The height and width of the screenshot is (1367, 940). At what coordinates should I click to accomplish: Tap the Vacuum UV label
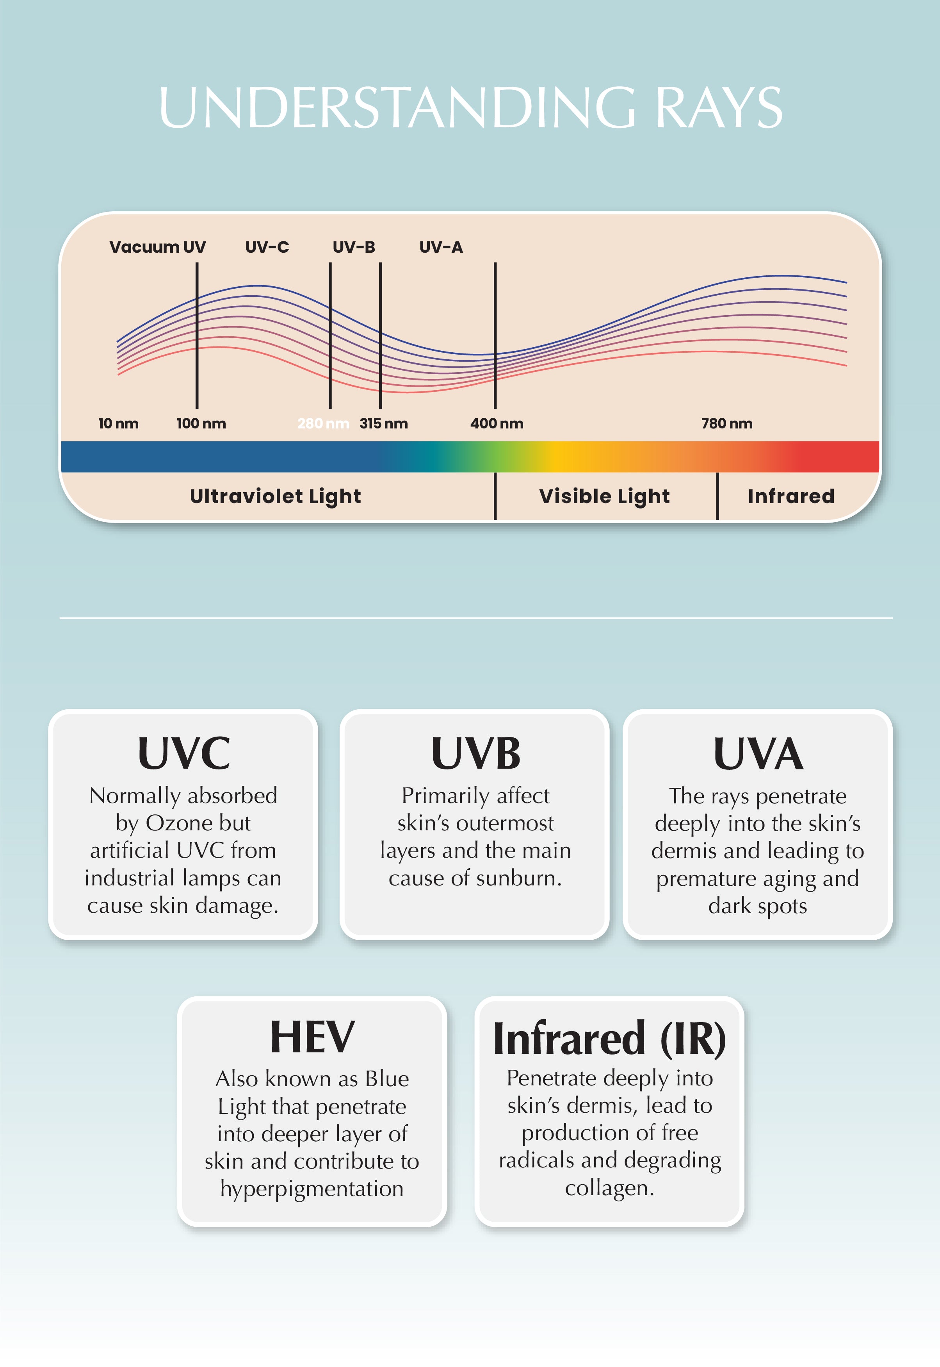point(157,247)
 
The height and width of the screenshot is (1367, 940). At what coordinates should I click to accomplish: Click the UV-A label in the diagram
point(441,247)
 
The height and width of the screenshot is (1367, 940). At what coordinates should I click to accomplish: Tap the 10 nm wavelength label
point(118,423)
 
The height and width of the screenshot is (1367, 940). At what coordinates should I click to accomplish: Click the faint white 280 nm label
point(323,423)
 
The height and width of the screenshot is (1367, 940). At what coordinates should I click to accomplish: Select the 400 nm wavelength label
point(497,423)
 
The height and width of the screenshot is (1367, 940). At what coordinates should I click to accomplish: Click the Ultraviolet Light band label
point(275,496)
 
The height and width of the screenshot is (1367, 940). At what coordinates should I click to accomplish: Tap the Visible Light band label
point(604,496)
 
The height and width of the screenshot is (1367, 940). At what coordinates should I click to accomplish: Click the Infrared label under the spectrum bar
point(791,496)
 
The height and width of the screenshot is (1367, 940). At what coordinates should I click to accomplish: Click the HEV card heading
point(312,1037)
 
